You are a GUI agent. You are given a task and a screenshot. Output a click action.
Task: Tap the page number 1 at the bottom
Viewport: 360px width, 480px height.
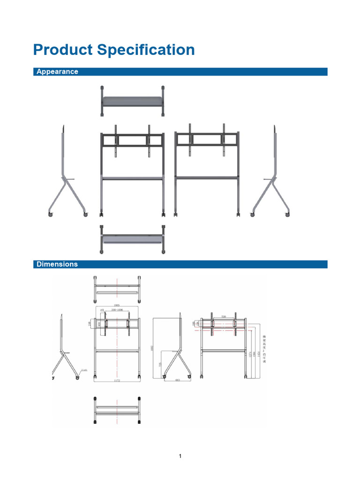(x=180, y=456)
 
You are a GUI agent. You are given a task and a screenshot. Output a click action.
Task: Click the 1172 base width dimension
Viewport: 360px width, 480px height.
(x=117, y=381)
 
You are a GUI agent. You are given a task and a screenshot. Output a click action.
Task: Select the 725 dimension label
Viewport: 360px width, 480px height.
(x=159, y=365)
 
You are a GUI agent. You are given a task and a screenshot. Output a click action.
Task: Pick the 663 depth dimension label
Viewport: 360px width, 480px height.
(x=178, y=381)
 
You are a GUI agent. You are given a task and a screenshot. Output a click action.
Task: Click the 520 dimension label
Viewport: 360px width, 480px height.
(x=224, y=317)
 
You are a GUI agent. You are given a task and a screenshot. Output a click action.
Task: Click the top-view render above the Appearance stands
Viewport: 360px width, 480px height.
(x=133, y=101)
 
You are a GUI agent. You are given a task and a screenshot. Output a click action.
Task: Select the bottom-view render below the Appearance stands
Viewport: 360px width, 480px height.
(x=133, y=239)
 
